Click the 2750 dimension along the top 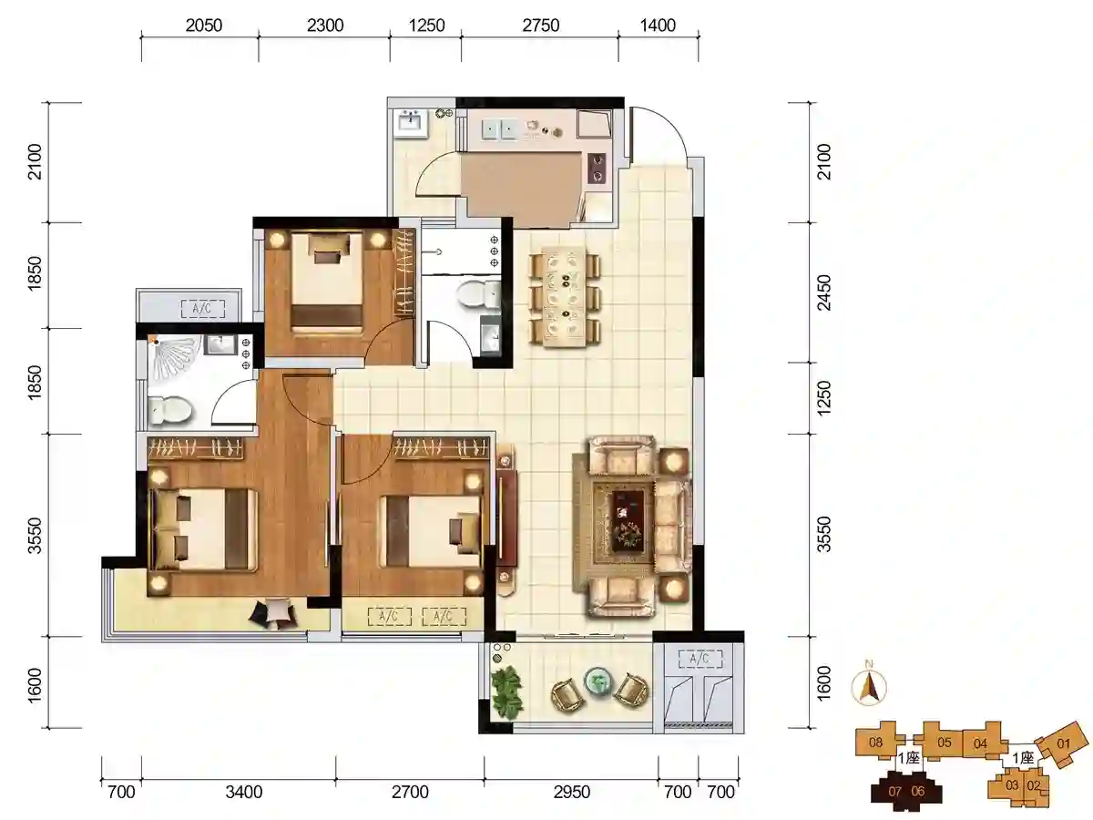coord(540,26)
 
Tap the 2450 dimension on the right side coord(824,292)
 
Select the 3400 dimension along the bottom coord(244,792)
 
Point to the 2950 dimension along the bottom coord(572,792)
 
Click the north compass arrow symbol coord(869,688)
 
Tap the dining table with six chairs coord(565,297)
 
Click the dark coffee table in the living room coord(627,519)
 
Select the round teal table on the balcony coord(598,680)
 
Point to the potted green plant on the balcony coord(506,692)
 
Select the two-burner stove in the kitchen coord(597,168)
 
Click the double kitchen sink coord(500,130)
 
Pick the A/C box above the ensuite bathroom coord(201,309)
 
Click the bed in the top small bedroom coord(327,282)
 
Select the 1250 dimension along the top coord(426,26)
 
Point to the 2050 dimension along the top coord(204,26)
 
